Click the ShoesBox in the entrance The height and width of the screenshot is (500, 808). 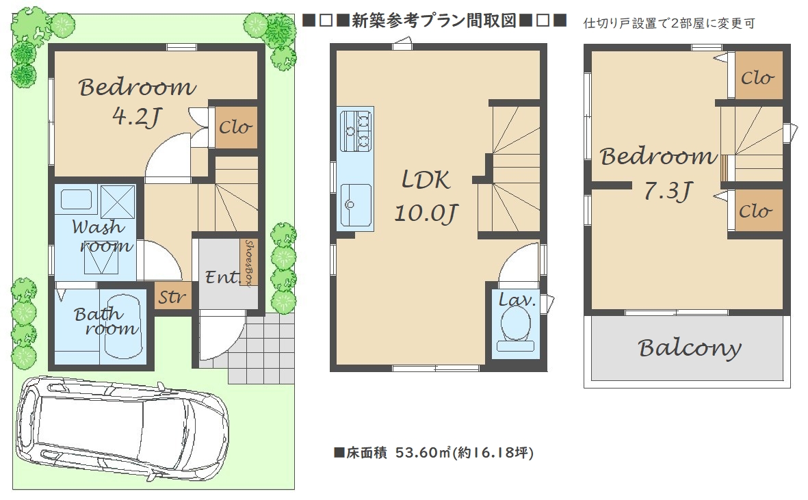coord(249,262)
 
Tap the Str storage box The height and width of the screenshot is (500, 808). coord(172,297)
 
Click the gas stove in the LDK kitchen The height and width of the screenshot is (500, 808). coord(356,129)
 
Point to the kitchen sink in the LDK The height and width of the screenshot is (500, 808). coord(356,205)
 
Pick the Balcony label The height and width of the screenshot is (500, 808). coord(690,349)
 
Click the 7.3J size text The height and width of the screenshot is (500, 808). coord(668,191)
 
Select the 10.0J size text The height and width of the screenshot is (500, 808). coord(426,213)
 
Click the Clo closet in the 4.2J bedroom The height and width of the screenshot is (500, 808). coord(235,127)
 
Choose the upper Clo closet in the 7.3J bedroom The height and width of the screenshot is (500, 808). coord(758,75)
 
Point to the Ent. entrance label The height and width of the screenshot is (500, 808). coord(222,278)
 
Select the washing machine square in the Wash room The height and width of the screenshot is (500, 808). coord(118,202)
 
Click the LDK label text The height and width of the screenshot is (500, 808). coord(426,180)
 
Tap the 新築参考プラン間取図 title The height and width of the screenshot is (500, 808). coord(434,21)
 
